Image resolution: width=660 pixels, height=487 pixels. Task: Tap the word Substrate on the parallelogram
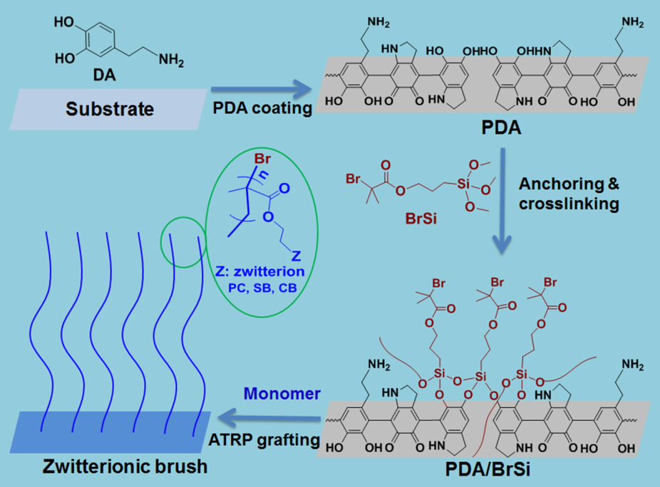[110, 109]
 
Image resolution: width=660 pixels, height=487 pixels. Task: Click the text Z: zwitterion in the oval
[260, 272]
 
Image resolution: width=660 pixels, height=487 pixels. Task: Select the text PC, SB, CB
[260, 288]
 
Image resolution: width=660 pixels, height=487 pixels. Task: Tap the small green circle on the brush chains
[182, 243]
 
